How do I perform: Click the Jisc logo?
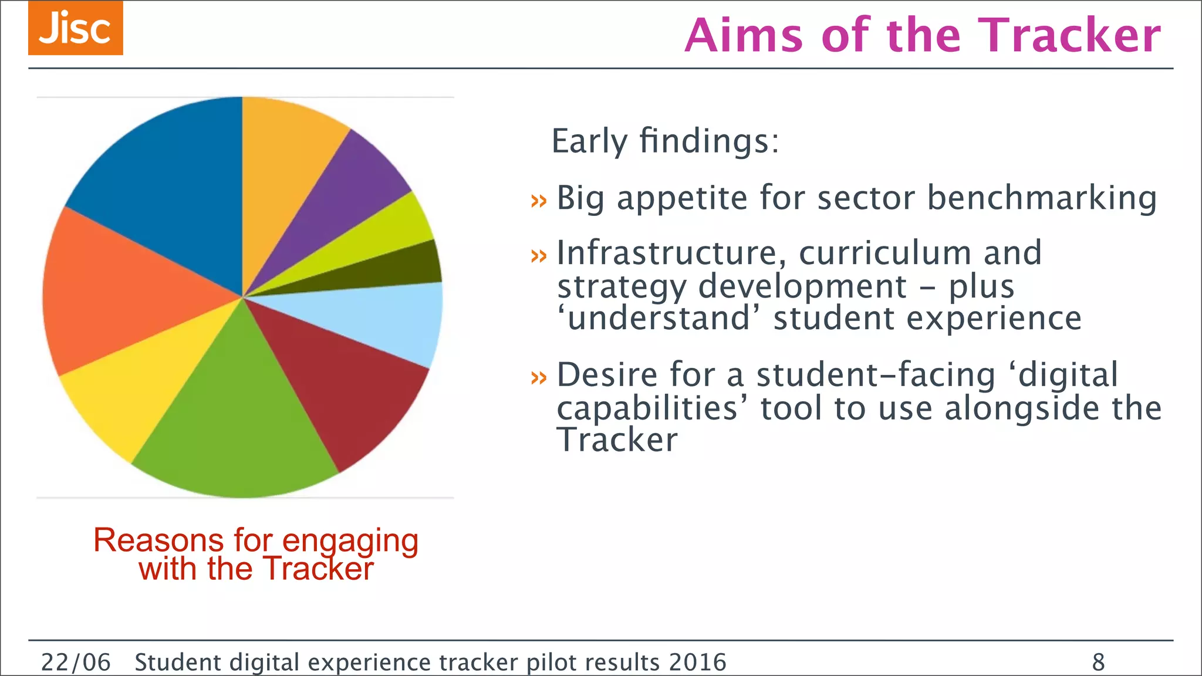[75, 28]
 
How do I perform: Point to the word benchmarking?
[1042, 198]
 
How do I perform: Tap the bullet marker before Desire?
[538, 377]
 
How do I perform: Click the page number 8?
[1098, 663]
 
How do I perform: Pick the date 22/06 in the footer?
[76, 663]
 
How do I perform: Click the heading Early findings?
[666, 141]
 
